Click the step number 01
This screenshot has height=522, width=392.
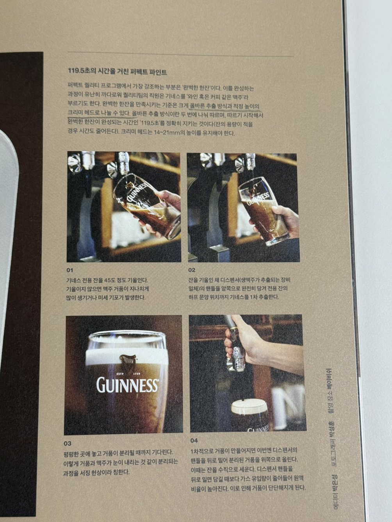[70, 270]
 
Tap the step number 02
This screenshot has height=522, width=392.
[192, 270]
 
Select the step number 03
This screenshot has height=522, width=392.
[68, 444]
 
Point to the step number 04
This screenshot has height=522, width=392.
[194, 441]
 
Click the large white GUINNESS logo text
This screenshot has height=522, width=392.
[128, 385]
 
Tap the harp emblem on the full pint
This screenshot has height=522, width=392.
[128, 362]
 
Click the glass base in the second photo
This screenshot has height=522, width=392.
[277, 241]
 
